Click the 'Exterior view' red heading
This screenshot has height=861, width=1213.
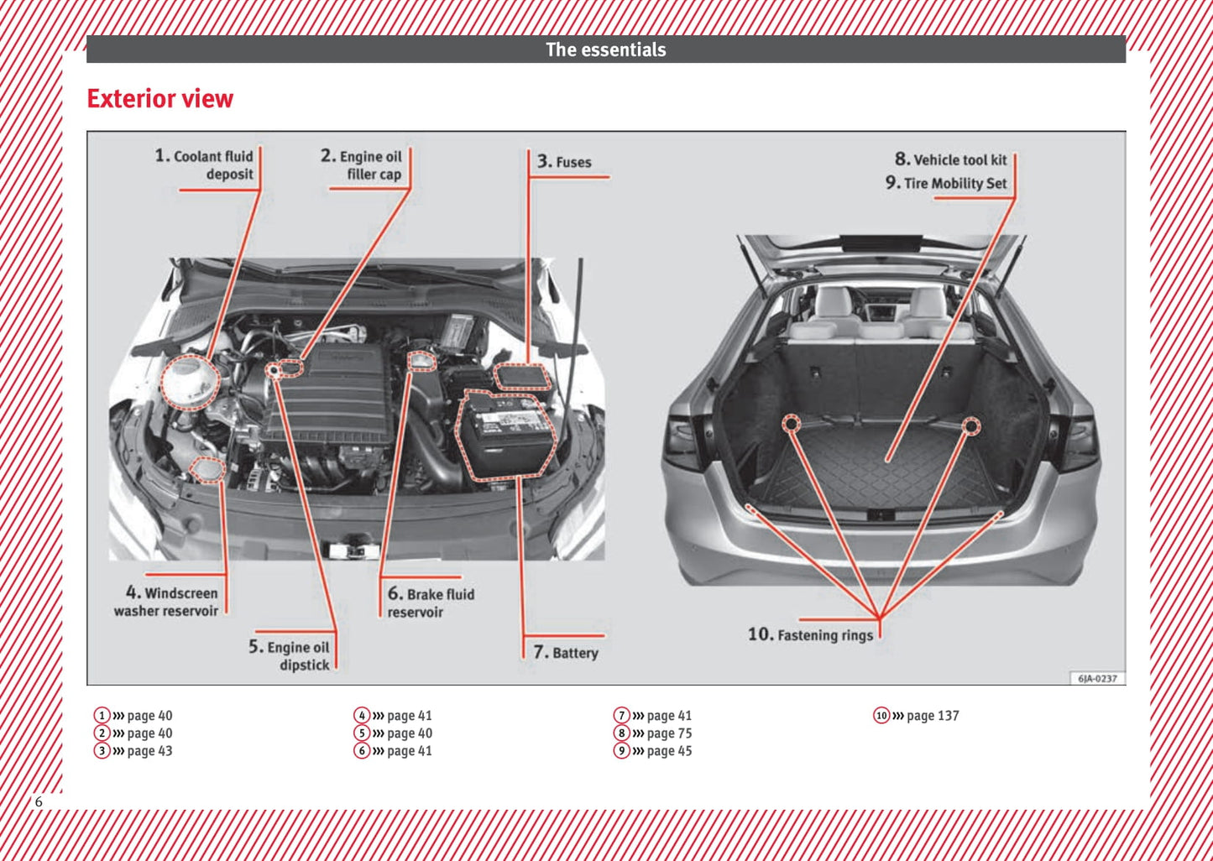tap(159, 99)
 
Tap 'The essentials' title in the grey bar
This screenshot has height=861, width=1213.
tap(605, 50)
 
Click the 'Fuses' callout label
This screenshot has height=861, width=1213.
tap(565, 162)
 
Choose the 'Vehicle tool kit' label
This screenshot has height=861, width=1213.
tap(951, 159)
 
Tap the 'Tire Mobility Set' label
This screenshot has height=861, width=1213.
tap(946, 183)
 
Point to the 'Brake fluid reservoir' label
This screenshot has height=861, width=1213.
tap(431, 603)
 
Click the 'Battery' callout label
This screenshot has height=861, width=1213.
tap(567, 652)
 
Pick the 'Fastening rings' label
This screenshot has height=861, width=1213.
tap(811, 634)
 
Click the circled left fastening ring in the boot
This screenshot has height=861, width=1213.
tap(791, 424)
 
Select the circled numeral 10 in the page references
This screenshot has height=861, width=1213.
tap(881, 716)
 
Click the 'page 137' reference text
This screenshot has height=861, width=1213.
tap(932, 716)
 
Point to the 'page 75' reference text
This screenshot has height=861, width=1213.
tap(669, 733)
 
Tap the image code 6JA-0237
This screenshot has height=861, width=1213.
tap(1097, 678)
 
